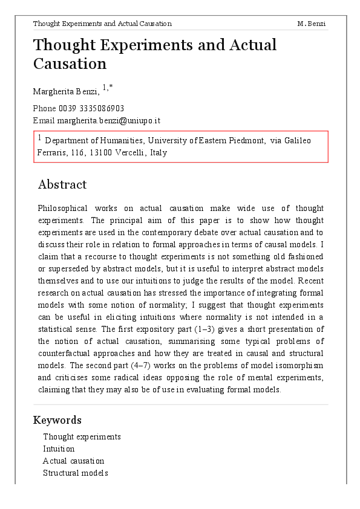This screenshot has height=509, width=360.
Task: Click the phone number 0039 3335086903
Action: (x=91, y=108)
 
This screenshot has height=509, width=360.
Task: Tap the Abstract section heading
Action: (x=62, y=184)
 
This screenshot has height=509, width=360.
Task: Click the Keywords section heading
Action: (x=57, y=420)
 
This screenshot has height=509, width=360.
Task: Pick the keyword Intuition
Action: (x=59, y=449)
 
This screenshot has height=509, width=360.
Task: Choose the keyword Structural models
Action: (x=75, y=473)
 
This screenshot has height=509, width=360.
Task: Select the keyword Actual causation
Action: (x=73, y=461)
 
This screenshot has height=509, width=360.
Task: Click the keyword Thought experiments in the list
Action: (x=82, y=436)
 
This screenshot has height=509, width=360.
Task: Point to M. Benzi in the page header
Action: (x=312, y=24)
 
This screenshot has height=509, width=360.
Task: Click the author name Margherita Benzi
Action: (x=65, y=91)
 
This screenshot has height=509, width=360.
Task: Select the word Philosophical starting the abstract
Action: (x=62, y=208)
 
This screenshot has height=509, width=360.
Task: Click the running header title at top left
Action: (x=102, y=24)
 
